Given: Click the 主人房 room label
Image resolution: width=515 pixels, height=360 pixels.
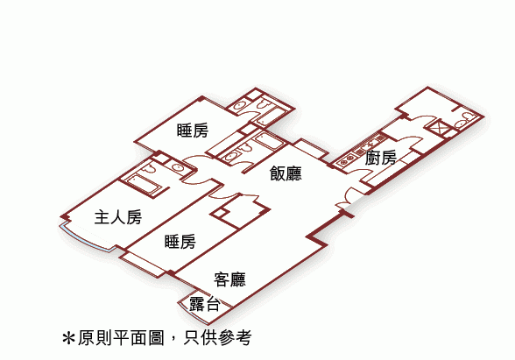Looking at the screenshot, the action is [x=118, y=217].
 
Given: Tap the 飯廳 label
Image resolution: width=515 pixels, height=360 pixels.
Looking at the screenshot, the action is [x=286, y=173].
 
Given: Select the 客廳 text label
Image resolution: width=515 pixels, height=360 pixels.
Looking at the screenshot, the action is [x=229, y=279].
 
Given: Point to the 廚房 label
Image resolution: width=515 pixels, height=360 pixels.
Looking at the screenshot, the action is [x=381, y=158].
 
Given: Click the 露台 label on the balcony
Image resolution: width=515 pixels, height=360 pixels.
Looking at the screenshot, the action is [x=204, y=304].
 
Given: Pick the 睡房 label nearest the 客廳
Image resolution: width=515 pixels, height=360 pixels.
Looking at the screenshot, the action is [x=180, y=242].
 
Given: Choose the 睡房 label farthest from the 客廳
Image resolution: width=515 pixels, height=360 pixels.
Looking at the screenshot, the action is [x=193, y=130].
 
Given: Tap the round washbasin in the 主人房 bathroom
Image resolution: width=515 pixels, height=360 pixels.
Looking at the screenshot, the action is [x=178, y=167].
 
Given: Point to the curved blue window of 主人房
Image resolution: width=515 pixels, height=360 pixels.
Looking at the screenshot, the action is [x=87, y=239].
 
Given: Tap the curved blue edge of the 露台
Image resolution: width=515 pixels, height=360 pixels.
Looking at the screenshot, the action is [x=193, y=314].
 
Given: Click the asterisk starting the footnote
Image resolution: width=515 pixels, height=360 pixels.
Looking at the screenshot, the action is [x=68, y=338].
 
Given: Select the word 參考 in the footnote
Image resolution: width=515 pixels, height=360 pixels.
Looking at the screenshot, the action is [x=235, y=337].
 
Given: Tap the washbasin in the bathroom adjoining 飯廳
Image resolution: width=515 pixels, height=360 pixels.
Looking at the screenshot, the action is [x=231, y=156].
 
